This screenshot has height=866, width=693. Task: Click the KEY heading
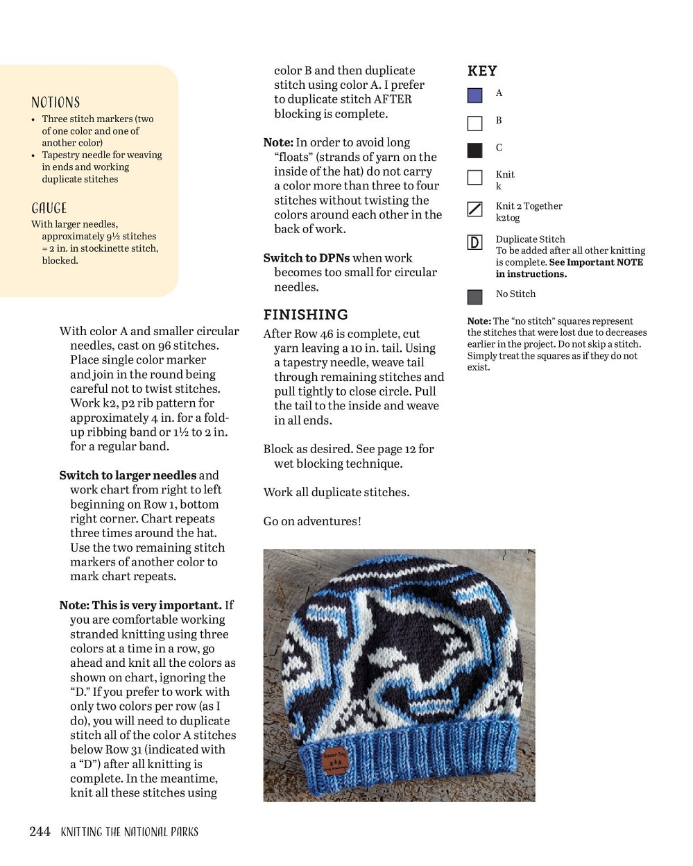[482, 71]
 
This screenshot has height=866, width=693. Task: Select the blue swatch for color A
[474, 95]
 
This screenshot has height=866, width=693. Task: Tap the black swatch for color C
[474, 150]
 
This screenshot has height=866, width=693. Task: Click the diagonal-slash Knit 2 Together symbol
[474, 209]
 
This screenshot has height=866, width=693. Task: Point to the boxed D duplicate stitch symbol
[474, 242]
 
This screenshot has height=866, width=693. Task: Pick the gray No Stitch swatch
[474, 297]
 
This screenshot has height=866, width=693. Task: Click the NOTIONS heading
[55, 103]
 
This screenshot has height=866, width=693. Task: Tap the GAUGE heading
[49, 208]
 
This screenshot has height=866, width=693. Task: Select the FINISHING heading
[305, 314]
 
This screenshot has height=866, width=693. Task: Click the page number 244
[40, 831]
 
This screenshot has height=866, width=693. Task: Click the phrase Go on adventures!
[312, 521]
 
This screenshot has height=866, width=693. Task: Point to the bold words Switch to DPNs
[306, 258]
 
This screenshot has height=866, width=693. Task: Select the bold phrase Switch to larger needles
[128, 475]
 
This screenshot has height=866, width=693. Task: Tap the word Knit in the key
[505, 174]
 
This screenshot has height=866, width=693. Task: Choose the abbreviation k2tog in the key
[507, 217]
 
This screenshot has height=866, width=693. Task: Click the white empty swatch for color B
[474, 124]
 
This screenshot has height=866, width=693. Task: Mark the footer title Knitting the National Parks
[129, 831]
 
